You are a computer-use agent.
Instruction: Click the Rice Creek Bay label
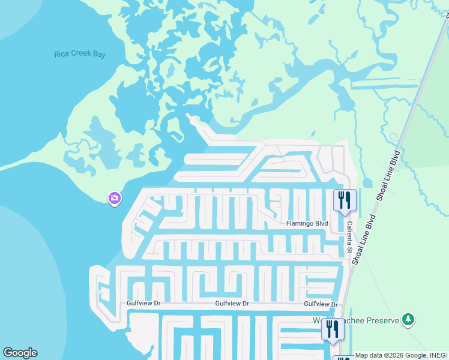coord(80,54)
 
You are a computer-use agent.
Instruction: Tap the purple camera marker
coord(115,197)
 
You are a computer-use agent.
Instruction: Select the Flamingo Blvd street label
coord(306,224)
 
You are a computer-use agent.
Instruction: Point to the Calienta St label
coord(349,236)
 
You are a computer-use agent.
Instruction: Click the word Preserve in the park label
coord(383,321)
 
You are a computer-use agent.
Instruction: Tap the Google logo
coord(20,353)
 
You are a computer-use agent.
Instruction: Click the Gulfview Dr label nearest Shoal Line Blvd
coord(321,304)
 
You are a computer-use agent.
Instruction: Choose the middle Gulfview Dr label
coord(232,304)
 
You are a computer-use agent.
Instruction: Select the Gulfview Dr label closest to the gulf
coord(143,304)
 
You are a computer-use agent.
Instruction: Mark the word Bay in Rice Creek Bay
coord(98,54)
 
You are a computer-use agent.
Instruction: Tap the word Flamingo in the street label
coord(299,224)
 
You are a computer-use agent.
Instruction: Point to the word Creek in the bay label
coord(80,54)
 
